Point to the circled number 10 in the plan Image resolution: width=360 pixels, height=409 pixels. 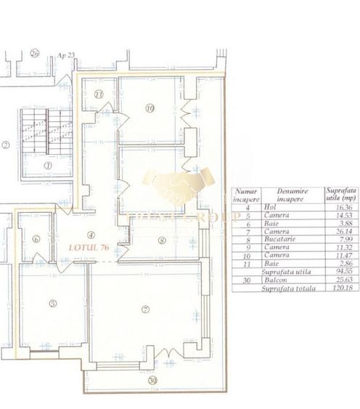(x=150, y=109)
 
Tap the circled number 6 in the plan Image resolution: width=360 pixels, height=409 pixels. (x=36, y=240)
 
